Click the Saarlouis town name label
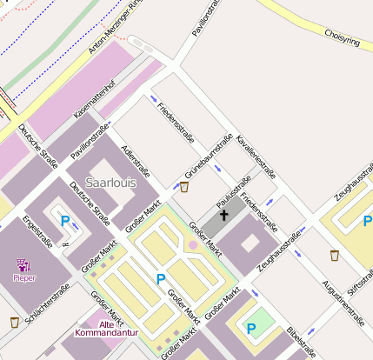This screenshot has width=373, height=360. pyautogui.click(x=110, y=183)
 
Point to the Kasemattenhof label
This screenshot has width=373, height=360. pyautogui.click(x=95, y=98)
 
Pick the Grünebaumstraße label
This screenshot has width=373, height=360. pyautogui.click(x=208, y=157)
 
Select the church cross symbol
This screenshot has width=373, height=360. pyautogui.click(x=223, y=214)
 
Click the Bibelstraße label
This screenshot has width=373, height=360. pyautogui.click(x=302, y=343)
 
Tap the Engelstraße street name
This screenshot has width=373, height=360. pyautogui.click(x=38, y=231)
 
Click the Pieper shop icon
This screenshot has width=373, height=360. pyautogui.click(x=23, y=264)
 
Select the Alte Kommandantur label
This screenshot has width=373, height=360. pyautogui.click(x=106, y=329)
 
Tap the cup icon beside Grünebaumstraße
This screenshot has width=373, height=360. pyautogui.click(x=184, y=186)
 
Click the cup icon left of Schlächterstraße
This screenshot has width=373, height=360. pyautogui.click(x=14, y=323)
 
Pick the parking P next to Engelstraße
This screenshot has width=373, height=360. pyautogui.click(x=64, y=221)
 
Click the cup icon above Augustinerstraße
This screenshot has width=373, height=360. pyautogui.click(x=335, y=256)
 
